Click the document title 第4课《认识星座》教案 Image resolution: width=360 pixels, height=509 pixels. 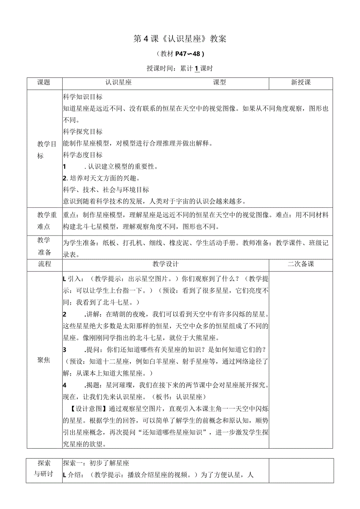tap(180, 39)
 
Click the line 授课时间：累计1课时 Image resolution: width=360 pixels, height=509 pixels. tap(180, 68)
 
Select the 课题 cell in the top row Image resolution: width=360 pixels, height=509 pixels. tap(44, 83)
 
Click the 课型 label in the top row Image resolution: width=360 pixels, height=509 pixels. tap(219, 83)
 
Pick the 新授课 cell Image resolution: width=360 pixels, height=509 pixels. tap(301, 83)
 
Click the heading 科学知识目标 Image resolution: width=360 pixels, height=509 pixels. tap(83, 97)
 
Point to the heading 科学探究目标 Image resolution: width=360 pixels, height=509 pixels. tap(83, 132)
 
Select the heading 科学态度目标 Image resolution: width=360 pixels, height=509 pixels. tap(83, 155)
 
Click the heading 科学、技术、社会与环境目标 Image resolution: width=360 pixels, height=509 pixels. tap(106, 190)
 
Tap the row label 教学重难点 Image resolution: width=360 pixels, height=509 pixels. tap(44, 221)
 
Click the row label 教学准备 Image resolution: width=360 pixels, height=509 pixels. tap(44, 246)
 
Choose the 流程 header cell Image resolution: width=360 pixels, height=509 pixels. tap(44, 264)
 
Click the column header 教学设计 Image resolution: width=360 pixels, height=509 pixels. tap(166, 264)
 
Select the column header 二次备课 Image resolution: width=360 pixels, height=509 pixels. tap(301, 264)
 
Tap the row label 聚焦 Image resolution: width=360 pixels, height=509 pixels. tap(44, 360)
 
